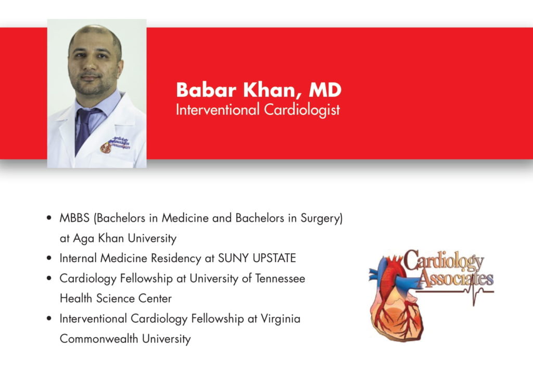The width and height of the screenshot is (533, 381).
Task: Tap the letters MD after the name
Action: point(325,90)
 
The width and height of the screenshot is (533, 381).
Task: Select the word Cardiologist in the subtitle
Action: point(302,110)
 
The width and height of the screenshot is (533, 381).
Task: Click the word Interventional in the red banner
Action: point(218,109)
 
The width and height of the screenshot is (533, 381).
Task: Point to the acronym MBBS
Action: point(74,218)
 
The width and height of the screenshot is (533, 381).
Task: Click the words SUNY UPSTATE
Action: point(257,258)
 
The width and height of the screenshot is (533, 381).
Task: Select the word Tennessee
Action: point(280,278)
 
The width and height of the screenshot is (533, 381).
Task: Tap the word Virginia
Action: point(281,318)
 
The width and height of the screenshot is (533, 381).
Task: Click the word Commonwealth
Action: point(99,339)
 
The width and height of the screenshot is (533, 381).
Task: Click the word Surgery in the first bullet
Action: point(322,218)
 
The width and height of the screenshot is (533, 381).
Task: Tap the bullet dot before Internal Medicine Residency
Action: point(49,258)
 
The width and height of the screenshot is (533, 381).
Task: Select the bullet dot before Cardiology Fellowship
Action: point(49,278)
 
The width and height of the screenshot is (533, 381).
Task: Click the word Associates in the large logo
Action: point(456,278)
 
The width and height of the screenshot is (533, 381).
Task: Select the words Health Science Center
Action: point(116,299)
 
